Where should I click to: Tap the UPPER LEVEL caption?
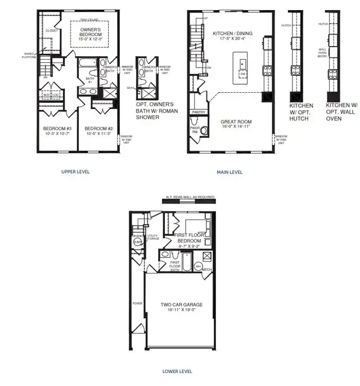click(75, 172)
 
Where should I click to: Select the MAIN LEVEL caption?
click(229, 172)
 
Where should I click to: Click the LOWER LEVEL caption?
click(177, 371)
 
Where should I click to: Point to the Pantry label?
click(199, 112)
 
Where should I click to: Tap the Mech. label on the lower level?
click(206, 269)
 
